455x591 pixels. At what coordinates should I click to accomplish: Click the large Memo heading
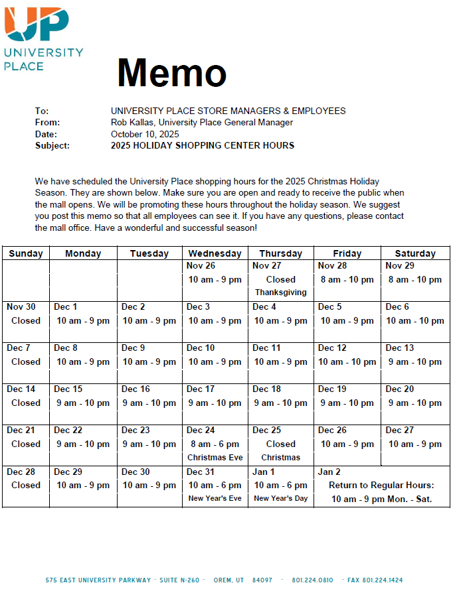tap(171, 72)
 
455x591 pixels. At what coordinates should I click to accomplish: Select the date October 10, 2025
tap(145, 134)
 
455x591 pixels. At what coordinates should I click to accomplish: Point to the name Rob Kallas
tap(132, 122)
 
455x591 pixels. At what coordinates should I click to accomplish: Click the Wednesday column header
tap(215, 253)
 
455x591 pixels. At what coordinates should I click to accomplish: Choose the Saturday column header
tap(415, 253)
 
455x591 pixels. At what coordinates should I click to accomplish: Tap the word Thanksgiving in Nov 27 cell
tap(281, 293)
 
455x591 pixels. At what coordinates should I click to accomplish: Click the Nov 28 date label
tap(332, 265)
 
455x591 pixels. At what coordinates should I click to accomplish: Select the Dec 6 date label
tap(397, 306)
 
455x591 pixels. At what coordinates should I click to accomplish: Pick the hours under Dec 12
tap(347, 361)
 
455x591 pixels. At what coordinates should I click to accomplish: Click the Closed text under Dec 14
tap(26, 403)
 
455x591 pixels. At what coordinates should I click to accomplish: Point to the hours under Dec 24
tap(215, 444)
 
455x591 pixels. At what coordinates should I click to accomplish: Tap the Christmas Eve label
tap(215, 457)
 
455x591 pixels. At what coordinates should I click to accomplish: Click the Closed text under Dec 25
tap(281, 444)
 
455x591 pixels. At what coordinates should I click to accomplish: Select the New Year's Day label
tap(281, 498)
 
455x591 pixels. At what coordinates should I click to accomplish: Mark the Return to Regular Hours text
tap(382, 485)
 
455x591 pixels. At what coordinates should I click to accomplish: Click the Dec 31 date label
tap(201, 472)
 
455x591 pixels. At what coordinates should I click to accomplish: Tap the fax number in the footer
tap(375, 580)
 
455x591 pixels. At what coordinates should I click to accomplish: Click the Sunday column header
tap(26, 253)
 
